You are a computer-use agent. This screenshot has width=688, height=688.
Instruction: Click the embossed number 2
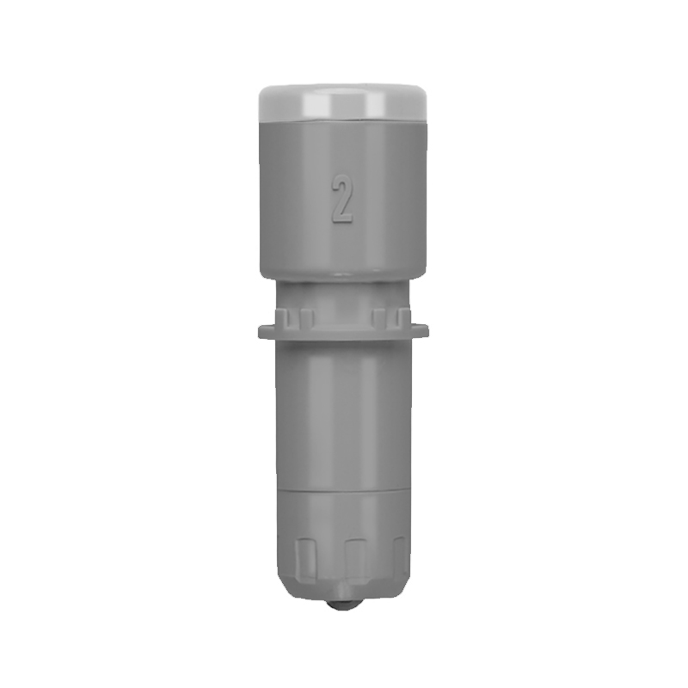coord(341,199)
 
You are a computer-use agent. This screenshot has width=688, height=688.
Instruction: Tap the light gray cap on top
coord(343,102)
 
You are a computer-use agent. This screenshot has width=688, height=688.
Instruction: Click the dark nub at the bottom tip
coord(342,604)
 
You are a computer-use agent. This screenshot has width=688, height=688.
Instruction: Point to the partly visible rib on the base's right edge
coord(400,557)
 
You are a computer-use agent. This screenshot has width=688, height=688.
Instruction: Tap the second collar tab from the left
coord(308,317)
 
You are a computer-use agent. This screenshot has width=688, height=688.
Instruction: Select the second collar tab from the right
coord(378,317)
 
